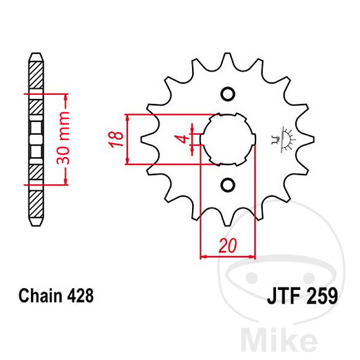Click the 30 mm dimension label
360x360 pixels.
click(63, 138)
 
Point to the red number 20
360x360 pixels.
click(228, 245)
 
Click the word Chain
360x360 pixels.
click(41, 295)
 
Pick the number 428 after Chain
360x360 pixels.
click(80, 295)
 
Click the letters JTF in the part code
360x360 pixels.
click(284, 296)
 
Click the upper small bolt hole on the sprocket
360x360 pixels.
click(228, 94)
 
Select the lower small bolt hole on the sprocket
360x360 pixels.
click(228, 185)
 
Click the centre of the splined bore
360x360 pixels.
click(228, 140)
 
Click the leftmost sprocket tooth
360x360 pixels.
click(146, 139)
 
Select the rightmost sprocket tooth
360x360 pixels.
click(309, 139)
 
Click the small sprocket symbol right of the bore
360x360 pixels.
click(283, 139)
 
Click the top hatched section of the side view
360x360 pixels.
click(36, 75)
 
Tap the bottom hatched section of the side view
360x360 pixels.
click(36, 204)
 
